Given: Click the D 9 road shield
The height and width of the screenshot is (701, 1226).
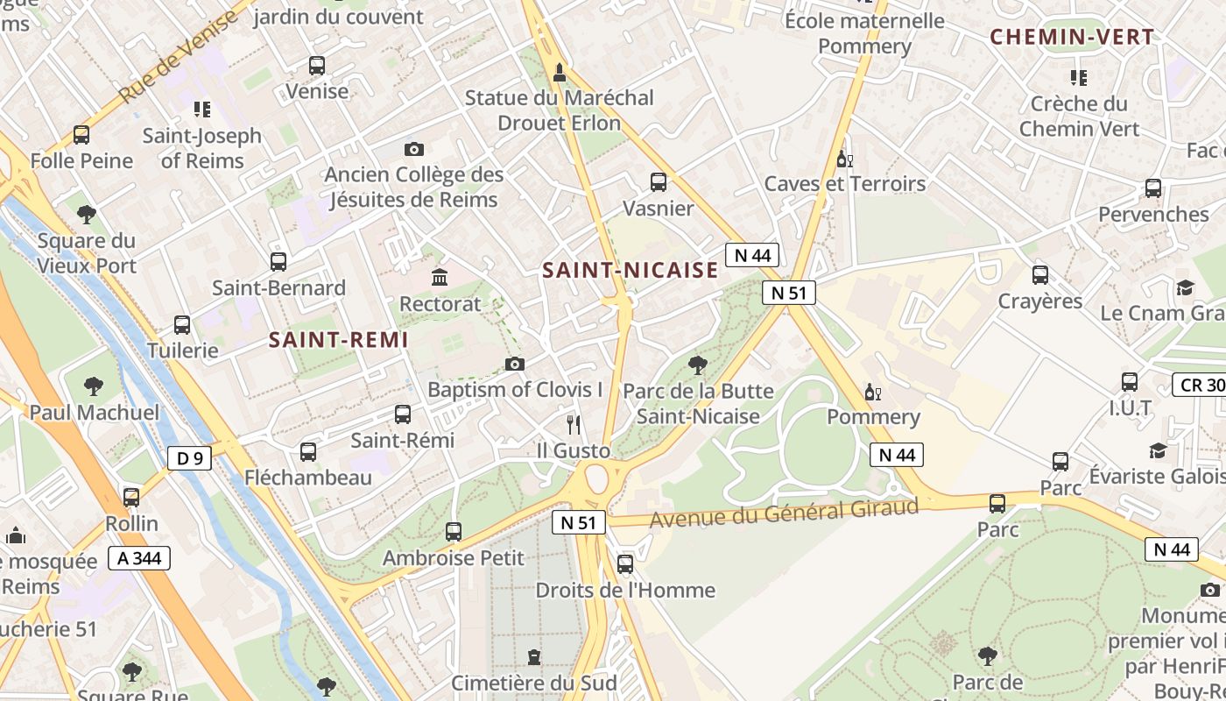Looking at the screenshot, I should (x=189, y=457).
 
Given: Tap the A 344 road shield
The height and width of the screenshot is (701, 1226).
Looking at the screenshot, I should (x=139, y=558).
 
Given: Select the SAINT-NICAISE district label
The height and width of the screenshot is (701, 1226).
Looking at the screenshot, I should (x=630, y=271).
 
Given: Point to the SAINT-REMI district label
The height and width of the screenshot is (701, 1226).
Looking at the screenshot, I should (x=338, y=340).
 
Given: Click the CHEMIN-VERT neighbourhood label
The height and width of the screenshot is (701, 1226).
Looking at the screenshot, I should (x=1072, y=37).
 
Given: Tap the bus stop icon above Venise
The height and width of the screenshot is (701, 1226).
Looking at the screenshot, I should (x=317, y=66).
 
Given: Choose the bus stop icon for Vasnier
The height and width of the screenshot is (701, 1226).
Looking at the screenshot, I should (x=659, y=182).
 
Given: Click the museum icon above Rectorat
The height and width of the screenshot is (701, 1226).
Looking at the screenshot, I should (x=440, y=278).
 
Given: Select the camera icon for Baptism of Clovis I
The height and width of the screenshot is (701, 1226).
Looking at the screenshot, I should (x=515, y=364).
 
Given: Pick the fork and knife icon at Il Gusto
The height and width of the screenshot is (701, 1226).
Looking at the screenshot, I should (x=574, y=425).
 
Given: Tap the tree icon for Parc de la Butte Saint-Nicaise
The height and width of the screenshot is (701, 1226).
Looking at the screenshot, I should (x=697, y=365).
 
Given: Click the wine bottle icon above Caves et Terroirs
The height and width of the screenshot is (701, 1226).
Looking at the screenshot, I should (x=844, y=159).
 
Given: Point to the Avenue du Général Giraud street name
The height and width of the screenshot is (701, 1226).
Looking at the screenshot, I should (x=784, y=512).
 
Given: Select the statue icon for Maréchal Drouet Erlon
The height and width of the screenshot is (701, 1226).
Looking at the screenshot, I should (x=560, y=71).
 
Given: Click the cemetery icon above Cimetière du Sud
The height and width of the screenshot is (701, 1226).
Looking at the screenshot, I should (x=533, y=656).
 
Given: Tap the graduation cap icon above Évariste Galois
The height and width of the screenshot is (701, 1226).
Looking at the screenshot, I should (x=1158, y=450).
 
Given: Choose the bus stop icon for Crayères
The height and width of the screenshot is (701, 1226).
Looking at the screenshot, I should (x=1040, y=275).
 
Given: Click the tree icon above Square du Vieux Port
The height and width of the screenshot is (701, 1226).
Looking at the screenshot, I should (x=86, y=214).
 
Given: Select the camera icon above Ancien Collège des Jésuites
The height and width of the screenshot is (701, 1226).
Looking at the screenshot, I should (x=414, y=149).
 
